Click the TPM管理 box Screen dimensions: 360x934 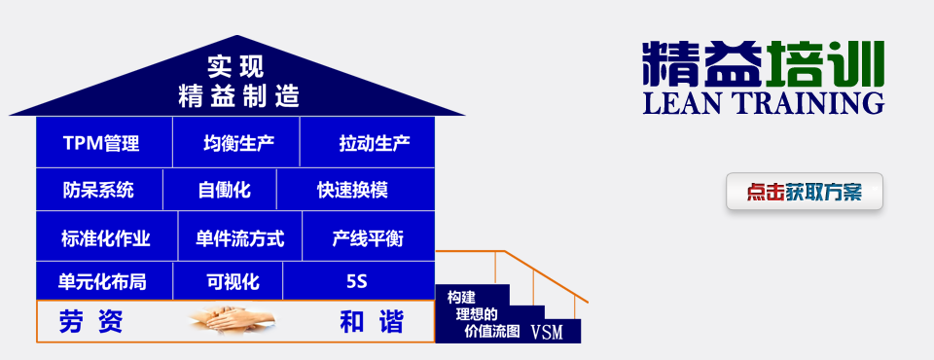click(102, 144)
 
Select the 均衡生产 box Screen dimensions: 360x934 click(237, 144)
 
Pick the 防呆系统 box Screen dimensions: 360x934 click(97, 190)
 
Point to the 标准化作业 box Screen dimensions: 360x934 click(105, 237)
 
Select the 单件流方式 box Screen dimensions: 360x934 click(239, 237)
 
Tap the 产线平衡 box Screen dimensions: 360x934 click(368, 237)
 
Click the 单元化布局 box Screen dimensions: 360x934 click(102, 282)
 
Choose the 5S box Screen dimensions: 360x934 click(357, 282)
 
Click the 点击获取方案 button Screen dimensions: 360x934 click(805, 192)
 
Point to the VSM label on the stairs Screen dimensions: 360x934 click(548, 332)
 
